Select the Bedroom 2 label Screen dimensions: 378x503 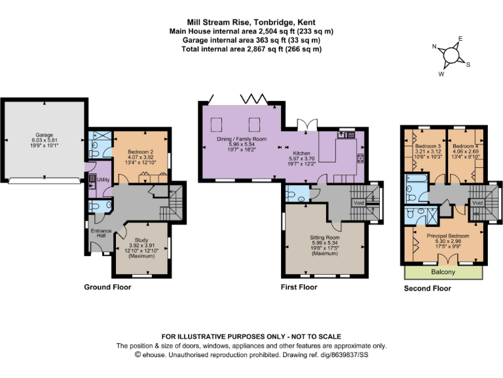click(x=140, y=152)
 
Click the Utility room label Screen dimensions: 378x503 click(x=103, y=179)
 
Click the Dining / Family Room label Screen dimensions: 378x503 click(x=243, y=139)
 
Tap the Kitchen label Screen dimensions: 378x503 click(x=302, y=152)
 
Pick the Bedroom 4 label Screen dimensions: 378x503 click(x=464, y=145)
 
